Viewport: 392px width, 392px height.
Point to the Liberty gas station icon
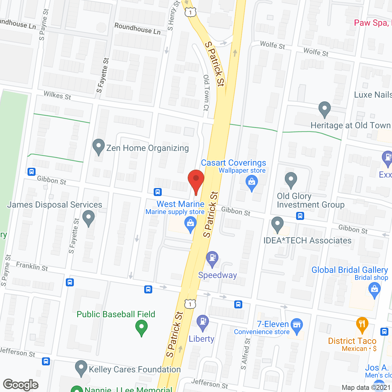coord(202,322)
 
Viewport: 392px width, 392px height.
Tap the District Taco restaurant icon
coord(362,324)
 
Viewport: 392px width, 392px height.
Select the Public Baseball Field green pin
coord(141,327)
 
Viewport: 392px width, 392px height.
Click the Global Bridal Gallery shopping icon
coord(374,289)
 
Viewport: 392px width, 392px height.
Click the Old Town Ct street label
coord(206,92)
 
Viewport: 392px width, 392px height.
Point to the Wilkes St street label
coord(57,96)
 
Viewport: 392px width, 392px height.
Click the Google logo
coord(21,385)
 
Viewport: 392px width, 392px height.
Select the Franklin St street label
coord(32,266)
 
